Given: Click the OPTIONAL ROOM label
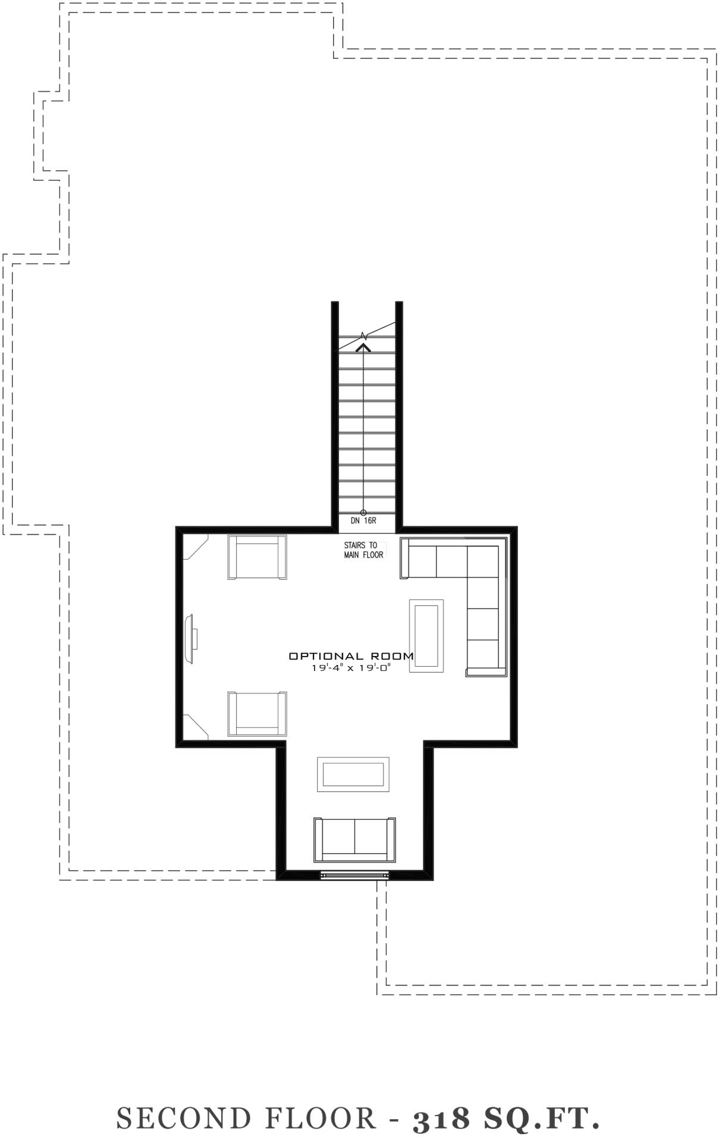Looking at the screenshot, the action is point(351,656).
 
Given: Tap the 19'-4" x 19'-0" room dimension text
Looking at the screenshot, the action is point(351,668).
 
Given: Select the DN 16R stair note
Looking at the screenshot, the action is point(363,520).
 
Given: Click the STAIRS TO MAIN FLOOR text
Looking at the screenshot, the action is point(363,550).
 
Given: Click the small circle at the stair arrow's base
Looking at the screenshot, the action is point(363,513).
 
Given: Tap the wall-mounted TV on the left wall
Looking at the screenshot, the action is point(191,639).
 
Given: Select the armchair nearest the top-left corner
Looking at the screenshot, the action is point(257,557).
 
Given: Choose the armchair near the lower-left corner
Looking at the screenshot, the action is point(257,713).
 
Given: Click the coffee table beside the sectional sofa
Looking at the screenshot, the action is point(426,636).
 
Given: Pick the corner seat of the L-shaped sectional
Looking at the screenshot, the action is point(483,561).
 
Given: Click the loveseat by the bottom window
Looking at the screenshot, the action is point(354,839).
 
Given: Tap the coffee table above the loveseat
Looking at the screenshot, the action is point(353,775).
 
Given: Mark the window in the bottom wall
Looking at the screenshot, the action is point(354,875).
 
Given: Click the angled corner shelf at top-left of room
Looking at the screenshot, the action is point(195,547).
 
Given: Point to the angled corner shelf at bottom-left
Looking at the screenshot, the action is point(195,726).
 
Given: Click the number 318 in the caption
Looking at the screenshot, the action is point(441,1119).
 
